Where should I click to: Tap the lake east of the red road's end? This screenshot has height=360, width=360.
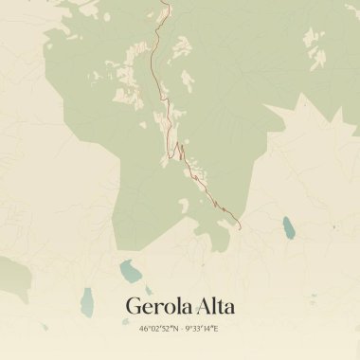pyautogui.click(x=288, y=227)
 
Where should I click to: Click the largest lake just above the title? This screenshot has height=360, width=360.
pyautogui.click(x=130, y=273)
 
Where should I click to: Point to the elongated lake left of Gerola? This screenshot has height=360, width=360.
pyautogui.click(x=88, y=301)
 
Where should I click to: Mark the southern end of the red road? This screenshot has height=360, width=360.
pyautogui.click(x=241, y=227)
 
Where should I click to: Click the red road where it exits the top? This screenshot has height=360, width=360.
pyautogui.click(x=166, y=2)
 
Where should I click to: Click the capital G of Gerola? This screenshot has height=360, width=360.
pyautogui.click(x=134, y=307)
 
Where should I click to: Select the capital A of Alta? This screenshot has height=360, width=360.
pyautogui.click(x=203, y=307)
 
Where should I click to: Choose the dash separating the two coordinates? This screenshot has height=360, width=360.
pyautogui.click(x=181, y=329)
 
